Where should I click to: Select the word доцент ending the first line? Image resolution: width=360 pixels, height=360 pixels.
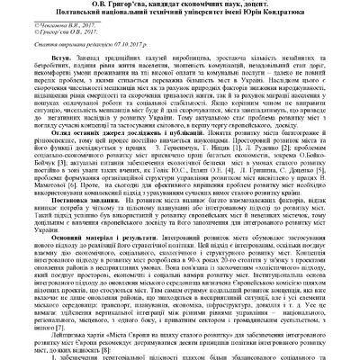290,4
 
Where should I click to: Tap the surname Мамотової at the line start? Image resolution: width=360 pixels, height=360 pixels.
26,201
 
